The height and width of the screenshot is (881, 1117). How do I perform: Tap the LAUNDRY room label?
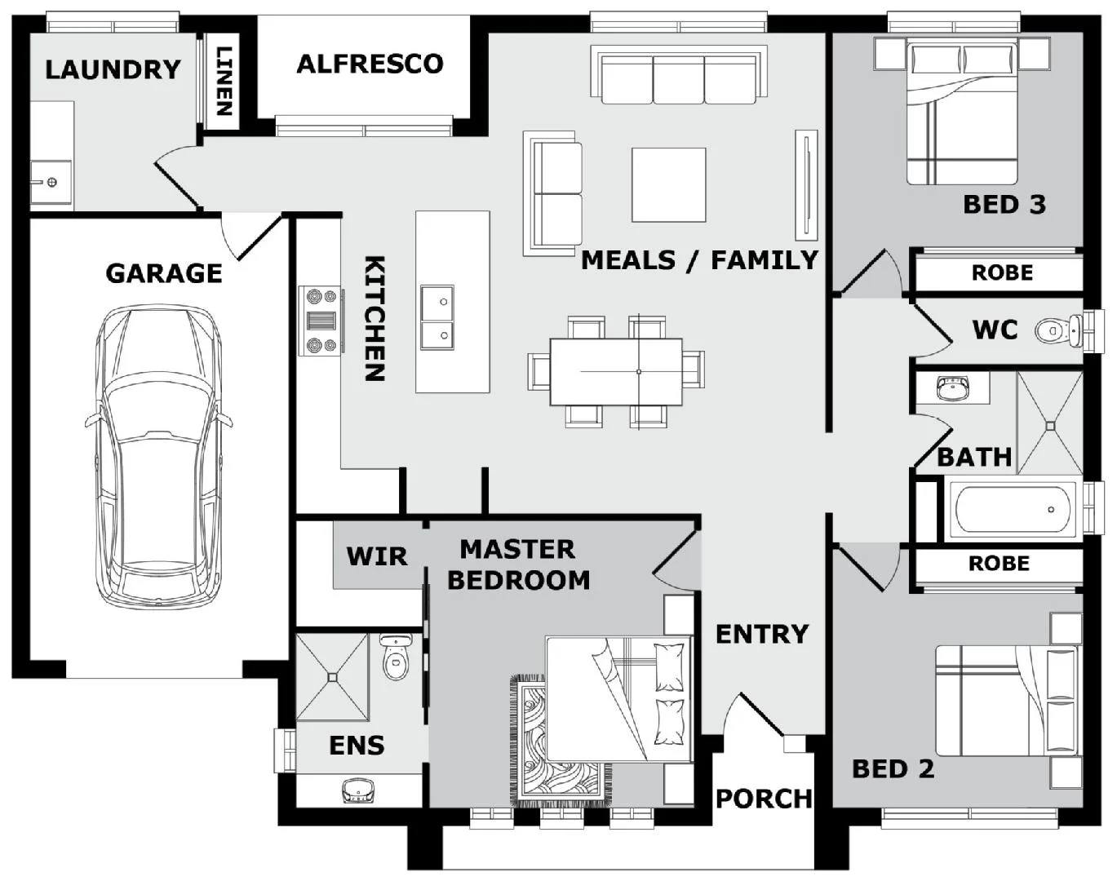click(x=113, y=69)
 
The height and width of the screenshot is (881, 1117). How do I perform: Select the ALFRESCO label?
click(x=370, y=64)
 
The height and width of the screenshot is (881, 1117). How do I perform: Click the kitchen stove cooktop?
click(x=320, y=321)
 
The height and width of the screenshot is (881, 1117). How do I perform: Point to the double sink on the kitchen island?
click(x=437, y=317)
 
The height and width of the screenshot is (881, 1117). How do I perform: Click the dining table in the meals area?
click(x=616, y=371)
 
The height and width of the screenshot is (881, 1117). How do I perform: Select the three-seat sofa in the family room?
click(x=679, y=77)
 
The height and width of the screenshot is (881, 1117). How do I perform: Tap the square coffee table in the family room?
click(x=668, y=184)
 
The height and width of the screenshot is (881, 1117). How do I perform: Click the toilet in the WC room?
click(x=1057, y=330)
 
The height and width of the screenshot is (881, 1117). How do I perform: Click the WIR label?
click(x=376, y=556)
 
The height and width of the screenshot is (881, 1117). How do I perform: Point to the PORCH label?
click(x=764, y=798)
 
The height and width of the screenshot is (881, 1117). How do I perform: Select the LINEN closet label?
click(x=224, y=80)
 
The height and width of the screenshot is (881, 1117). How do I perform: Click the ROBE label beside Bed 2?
click(x=999, y=564)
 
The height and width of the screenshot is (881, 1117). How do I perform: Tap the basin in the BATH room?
click(x=951, y=388)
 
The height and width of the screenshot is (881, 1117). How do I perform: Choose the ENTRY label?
click(x=761, y=633)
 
